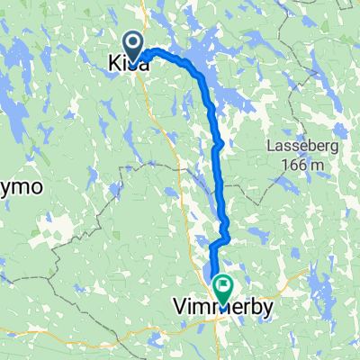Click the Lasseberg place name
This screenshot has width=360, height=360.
[x=301, y=149]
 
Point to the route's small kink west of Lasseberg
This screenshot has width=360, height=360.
[x=219, y=143]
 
